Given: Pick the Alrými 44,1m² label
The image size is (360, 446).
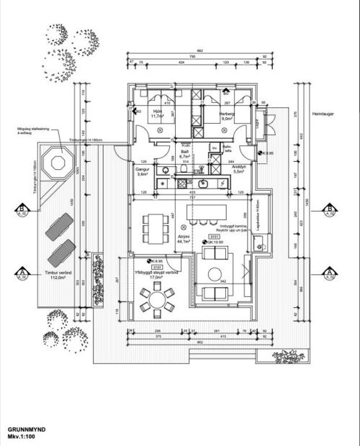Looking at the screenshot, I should [184, 240].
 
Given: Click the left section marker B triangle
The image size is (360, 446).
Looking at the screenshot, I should [22, 211].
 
